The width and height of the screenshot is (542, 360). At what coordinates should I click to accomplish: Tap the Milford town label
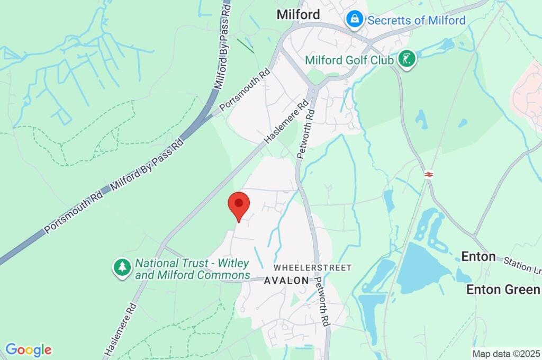pyautogui.click(x=299, y=15)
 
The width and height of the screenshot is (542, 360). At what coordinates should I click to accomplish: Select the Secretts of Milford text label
pyautogui.click(x=416, y=21)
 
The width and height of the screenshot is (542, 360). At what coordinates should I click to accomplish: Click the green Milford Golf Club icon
pyautogui.click(x=406, y=59)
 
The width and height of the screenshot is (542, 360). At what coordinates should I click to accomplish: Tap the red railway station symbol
pyautogui.click(x=429, y=174)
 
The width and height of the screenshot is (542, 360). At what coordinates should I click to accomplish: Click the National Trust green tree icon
pyautogui.click(x=122, y=267)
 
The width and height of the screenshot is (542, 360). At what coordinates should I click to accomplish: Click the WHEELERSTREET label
pyautogui.click(x=312, y=268)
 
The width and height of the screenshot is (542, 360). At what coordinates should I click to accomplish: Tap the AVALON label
pyautogui.click(x=286, y=281)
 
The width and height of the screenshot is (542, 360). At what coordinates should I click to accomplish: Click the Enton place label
pyautogui.click(x=478, y=257)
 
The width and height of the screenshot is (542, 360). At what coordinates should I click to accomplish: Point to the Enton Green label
pyautogui.click(x=503, y=289)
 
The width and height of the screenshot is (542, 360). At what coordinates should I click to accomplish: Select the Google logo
pyautogui.click(x=28, y=349)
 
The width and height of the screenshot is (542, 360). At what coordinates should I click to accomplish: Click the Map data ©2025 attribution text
pyautogui.click(x=507, y=353)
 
